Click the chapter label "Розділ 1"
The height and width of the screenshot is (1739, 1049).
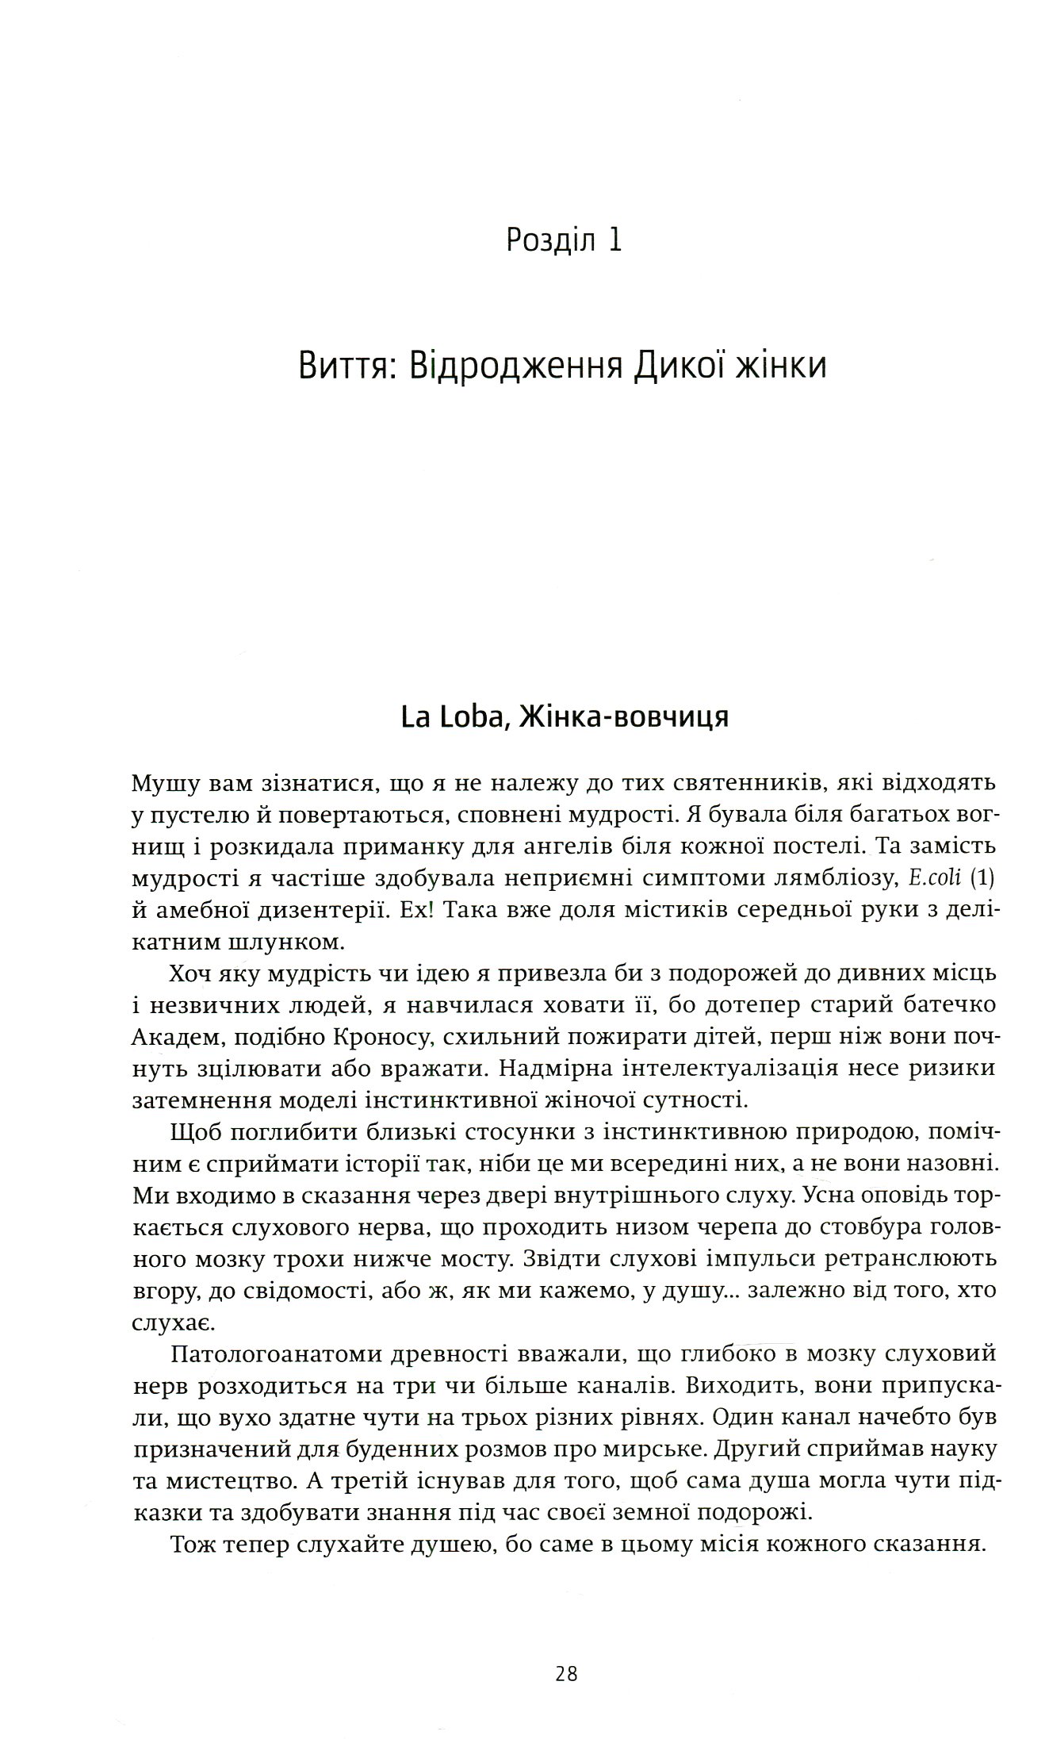564,240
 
